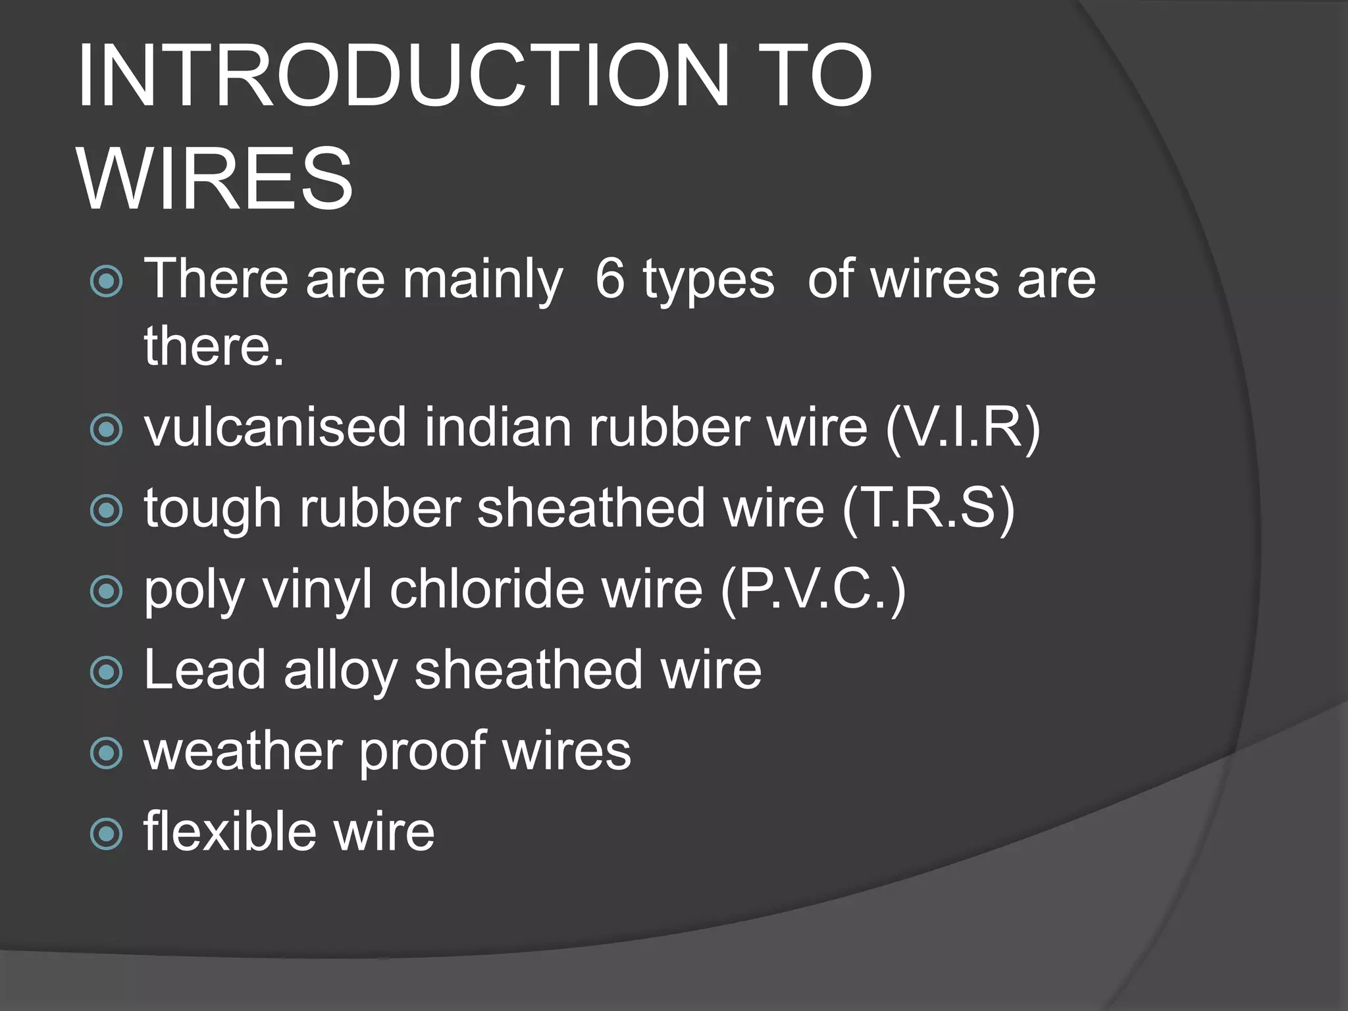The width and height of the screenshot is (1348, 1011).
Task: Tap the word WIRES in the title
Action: tap(215, 179)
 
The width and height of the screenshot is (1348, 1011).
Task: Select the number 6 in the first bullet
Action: tap(609, 279)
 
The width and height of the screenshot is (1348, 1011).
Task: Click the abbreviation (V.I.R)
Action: tap(962, 428)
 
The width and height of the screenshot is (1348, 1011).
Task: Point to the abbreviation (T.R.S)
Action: tap(929, 509)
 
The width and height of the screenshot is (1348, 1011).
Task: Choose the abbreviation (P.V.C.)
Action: tap(814, 589)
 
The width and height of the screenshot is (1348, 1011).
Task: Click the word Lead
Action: tap(205, 670)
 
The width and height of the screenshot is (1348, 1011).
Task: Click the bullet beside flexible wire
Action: tap(106, 834)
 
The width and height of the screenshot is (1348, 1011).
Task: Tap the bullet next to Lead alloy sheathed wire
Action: tap(106, 672)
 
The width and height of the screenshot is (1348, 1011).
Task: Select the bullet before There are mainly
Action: tap(106, 282)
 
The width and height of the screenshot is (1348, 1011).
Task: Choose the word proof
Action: tap(423, 752)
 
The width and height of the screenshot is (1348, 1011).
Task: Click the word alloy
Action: tap(340, 671)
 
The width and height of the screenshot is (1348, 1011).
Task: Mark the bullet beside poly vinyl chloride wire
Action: tap(106, 591)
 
